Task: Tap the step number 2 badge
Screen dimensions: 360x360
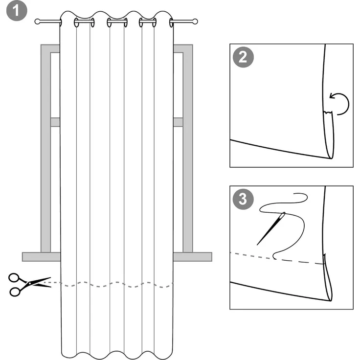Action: click(243, 58)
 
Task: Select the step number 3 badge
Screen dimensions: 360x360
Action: click(243, 200)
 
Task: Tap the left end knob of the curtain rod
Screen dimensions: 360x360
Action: click(38, 22)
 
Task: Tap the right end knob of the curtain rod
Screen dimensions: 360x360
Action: click(195, 22)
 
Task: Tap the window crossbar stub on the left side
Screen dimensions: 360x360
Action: click(55, 122)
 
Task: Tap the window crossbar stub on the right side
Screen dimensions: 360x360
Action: click(178, 122)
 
